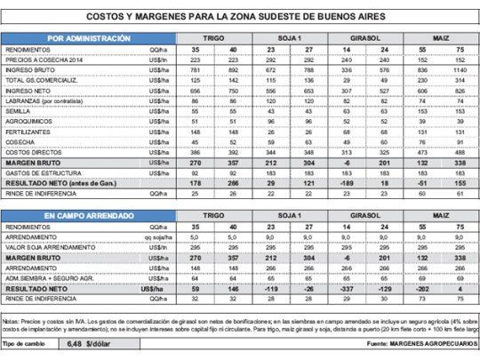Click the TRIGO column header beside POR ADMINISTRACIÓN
(213, 39)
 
